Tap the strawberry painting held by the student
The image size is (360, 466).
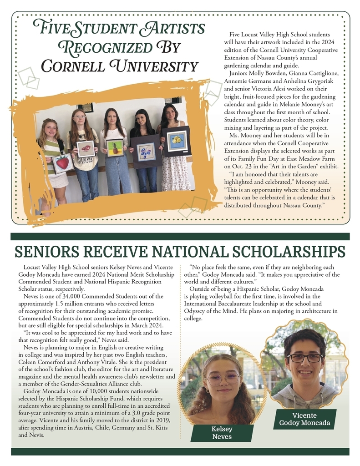coord(62,162)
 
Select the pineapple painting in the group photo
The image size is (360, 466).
coord(115,147)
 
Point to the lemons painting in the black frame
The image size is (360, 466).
coord(177,141)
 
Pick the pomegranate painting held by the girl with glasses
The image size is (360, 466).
coord(86,149)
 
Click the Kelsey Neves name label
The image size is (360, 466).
coord(222,433)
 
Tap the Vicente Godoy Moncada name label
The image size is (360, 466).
coord(304,419)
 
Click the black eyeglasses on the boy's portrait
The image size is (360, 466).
coord(304,358)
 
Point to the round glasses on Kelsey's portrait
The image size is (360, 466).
coord(223,378)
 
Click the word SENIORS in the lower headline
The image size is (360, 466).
coord(44,253)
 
